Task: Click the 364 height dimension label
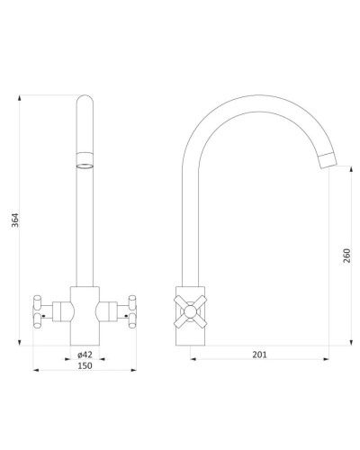point(15,220)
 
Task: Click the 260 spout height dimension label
point(346,256)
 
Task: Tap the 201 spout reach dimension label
point(259,355)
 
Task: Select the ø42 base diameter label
point(85,355)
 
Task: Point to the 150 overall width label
point(85,365)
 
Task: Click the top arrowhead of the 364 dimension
point(20,98)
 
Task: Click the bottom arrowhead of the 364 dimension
point(20,343)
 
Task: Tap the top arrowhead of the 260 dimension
point(351,168)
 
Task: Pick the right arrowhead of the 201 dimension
point(326,359)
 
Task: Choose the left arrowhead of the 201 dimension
point(193,359)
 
